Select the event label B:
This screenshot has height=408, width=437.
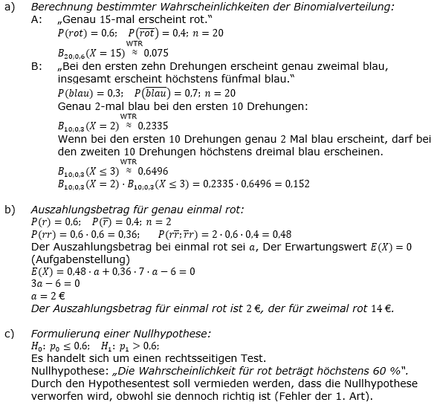click(37, 66)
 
